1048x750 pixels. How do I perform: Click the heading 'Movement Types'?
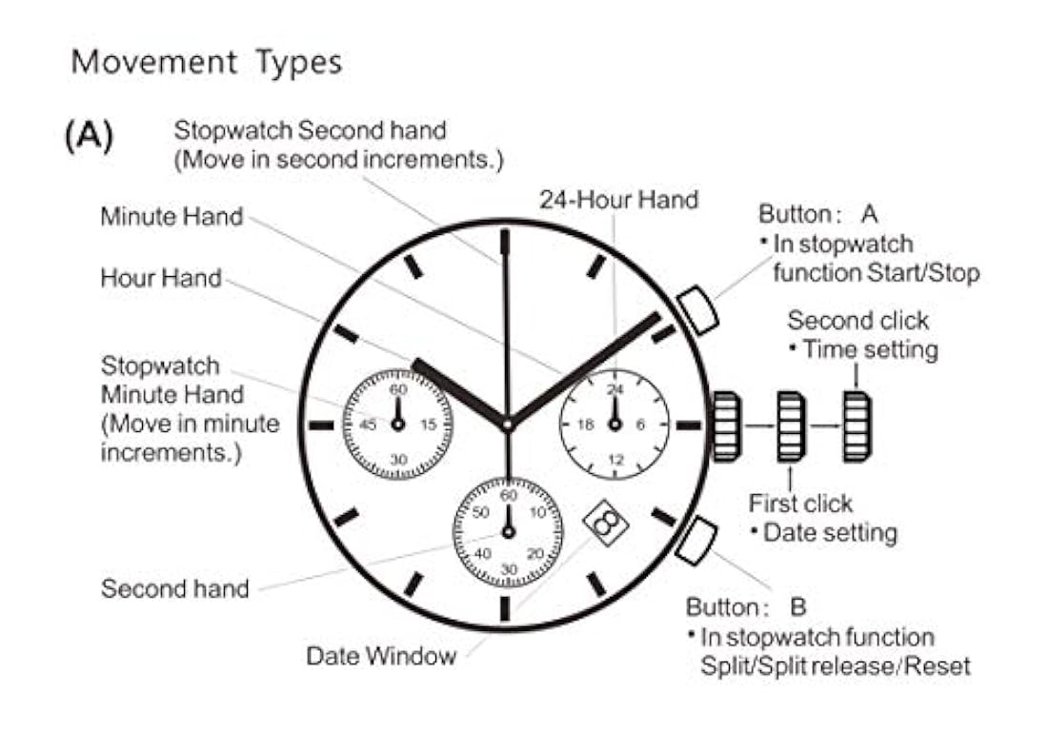[x=207, y=63]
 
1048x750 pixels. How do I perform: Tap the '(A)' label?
[x=90, y=136]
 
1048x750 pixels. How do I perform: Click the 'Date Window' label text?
[x=381, y=656]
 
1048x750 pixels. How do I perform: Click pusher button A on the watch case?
[x=696, y=310]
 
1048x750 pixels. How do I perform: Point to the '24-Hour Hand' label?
[x=618, y=200]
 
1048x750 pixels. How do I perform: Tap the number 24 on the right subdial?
[x=615, y=389]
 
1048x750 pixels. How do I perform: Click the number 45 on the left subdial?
[x=369, y=424]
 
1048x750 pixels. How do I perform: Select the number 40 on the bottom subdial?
[x=482, y=553]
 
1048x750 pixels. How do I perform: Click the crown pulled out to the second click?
[x=856, y=426]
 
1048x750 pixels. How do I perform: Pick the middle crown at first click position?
[x=791, y=426]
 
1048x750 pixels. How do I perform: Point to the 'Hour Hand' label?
[x=161, y=279]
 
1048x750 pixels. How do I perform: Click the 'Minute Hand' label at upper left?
[x=171, y=217]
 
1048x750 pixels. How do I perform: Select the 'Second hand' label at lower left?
[x=174, y=588]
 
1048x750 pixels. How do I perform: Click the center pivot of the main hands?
[x=507, y=424]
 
